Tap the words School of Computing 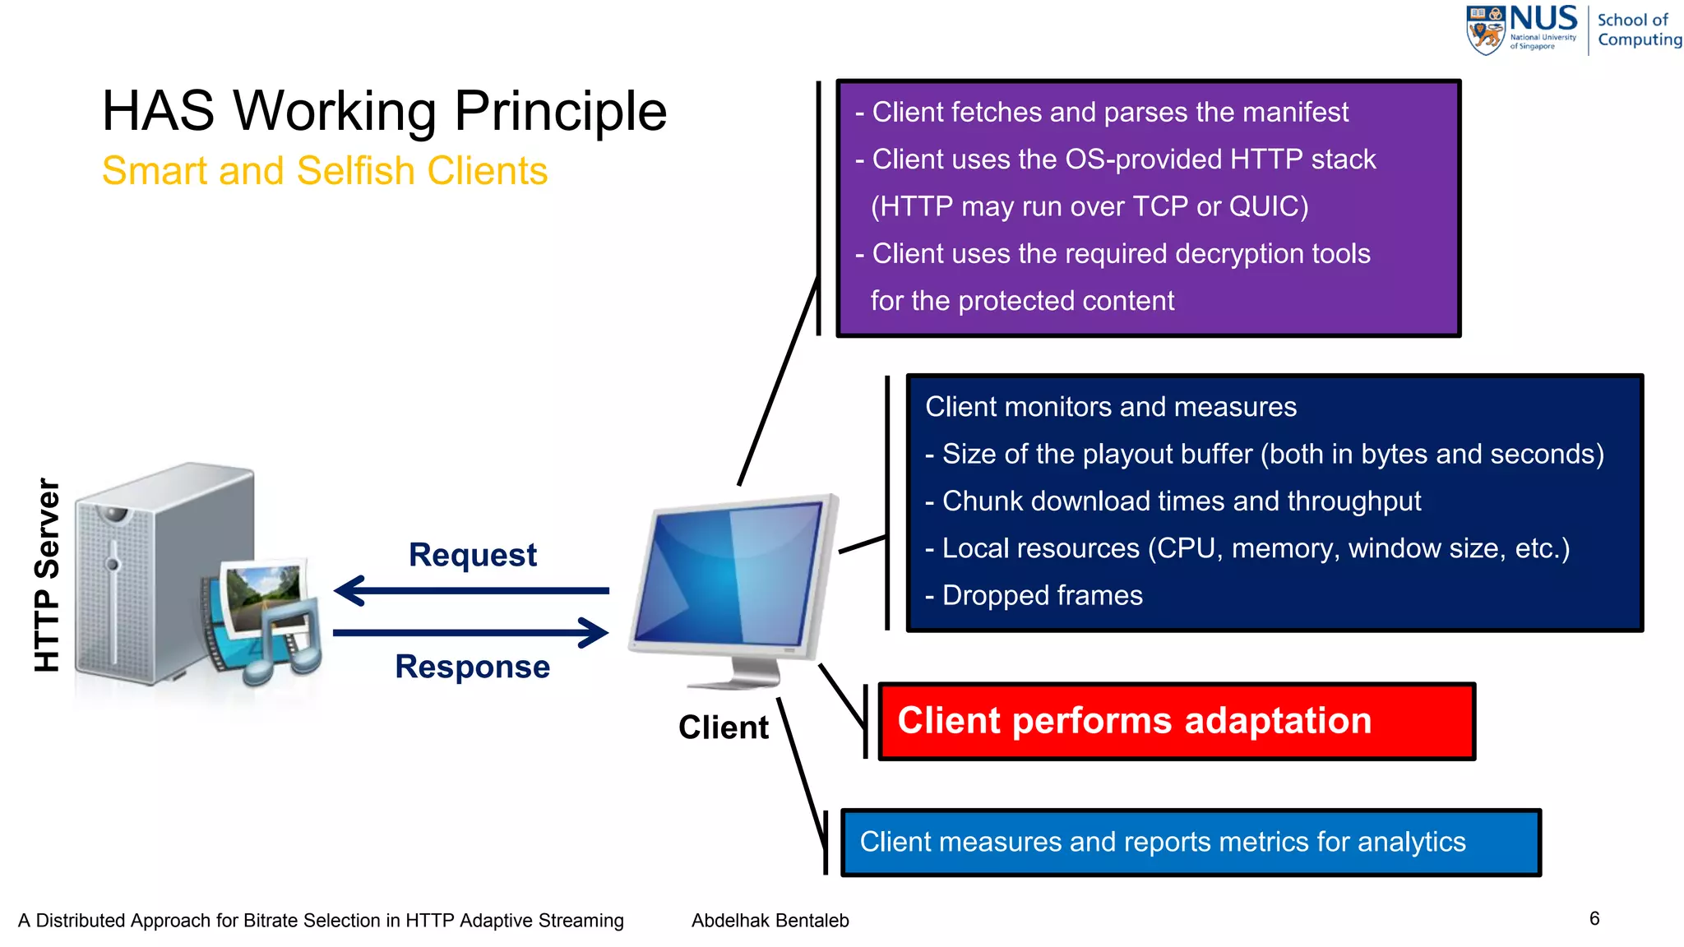point(1638,30)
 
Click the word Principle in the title point(560,112)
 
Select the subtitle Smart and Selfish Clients point(325,171)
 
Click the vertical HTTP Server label point(48,575)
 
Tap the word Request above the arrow point(472,555)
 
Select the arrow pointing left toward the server point(470,590)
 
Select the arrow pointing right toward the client point(470,632)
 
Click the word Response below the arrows point(472,667)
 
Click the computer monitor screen point(728,575)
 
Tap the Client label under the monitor point(723,728)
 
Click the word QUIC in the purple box point(1267,206)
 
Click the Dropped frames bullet point(1041,595)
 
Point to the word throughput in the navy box point(1345,501)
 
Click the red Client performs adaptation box point(1176,721)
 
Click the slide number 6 point(1594,918)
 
